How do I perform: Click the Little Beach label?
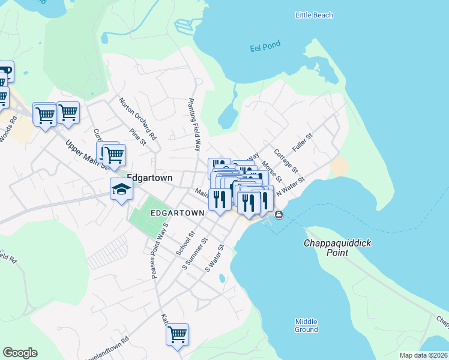[314, 15]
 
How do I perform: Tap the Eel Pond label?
[265, 45]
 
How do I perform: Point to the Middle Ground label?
[306, 325]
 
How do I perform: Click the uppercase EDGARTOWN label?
[174, 213]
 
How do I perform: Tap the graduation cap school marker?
[121, 190]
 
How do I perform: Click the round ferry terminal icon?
[279, 215]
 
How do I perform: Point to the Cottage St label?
[286, 160]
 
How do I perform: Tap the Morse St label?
[272, 172]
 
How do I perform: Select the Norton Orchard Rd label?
[137, 118]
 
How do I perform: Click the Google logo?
[20, 353]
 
